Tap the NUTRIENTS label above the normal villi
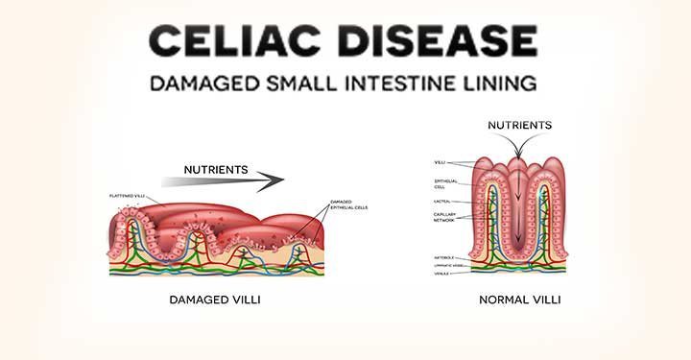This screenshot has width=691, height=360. [519, 125]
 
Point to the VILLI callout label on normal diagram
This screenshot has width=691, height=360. [441, 162]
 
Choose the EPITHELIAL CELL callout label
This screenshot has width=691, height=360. [444, 181]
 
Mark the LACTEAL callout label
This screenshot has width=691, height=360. [442, 201]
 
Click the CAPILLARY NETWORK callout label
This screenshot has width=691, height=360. [444, 218]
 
